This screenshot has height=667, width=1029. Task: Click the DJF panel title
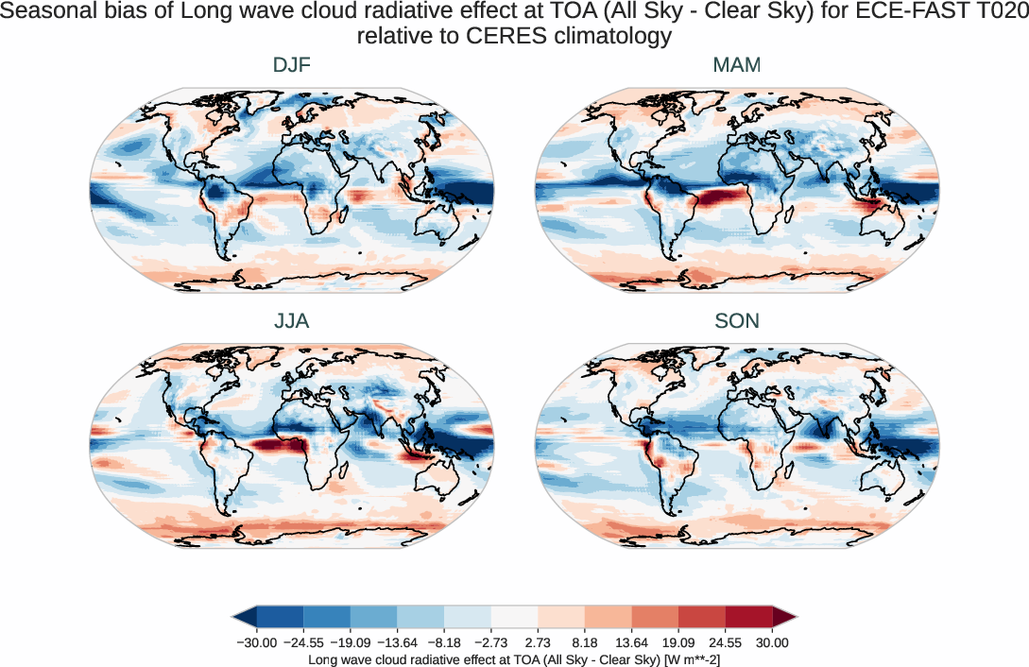pos(291,65)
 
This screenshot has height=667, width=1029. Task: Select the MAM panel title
pos(736,65)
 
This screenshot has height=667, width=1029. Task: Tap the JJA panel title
pos(291,321)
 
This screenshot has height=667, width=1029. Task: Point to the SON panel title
pos(736,321)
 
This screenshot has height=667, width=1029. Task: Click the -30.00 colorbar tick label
pos(256,642)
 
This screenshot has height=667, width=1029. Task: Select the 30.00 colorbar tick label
pos(772,642)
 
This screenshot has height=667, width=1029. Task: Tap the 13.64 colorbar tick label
pos(632,642)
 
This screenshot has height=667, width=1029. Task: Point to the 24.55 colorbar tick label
pos(726,642)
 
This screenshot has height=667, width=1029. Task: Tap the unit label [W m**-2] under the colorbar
pos(678,660)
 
